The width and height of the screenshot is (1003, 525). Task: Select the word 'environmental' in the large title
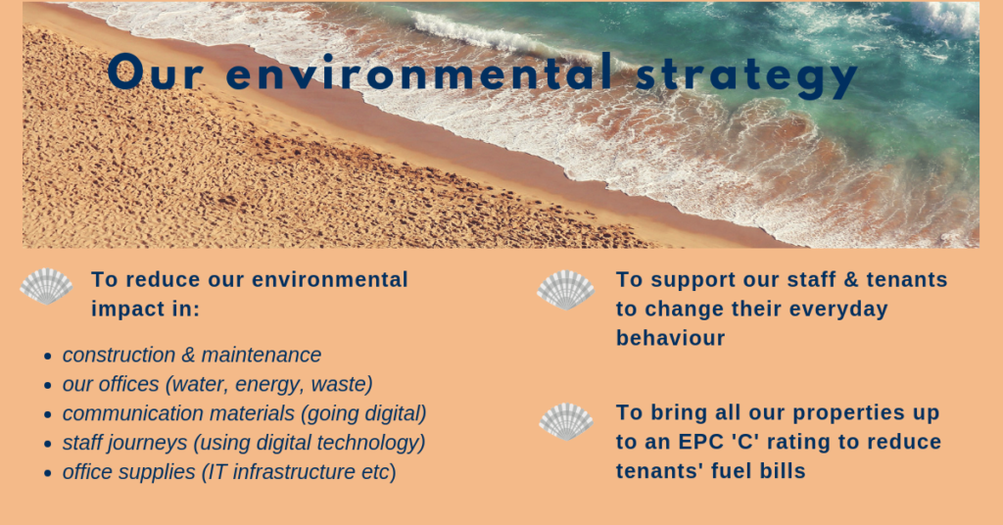[417, 73]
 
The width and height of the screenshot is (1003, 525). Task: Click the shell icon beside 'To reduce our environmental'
[46, 286]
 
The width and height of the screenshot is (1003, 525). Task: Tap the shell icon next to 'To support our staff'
[566, 290]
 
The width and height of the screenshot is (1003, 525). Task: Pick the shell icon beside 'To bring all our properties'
[566, 421]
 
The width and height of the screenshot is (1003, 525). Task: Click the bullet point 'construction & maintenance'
[192, 355]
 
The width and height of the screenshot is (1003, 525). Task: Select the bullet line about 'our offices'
[217, 384]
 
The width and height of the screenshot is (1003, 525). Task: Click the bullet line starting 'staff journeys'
[244, 443]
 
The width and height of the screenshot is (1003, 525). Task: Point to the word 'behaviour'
[670, 339]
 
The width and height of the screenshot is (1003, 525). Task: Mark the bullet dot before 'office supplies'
[48, 473]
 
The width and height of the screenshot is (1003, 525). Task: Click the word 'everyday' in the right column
[843, 310]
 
